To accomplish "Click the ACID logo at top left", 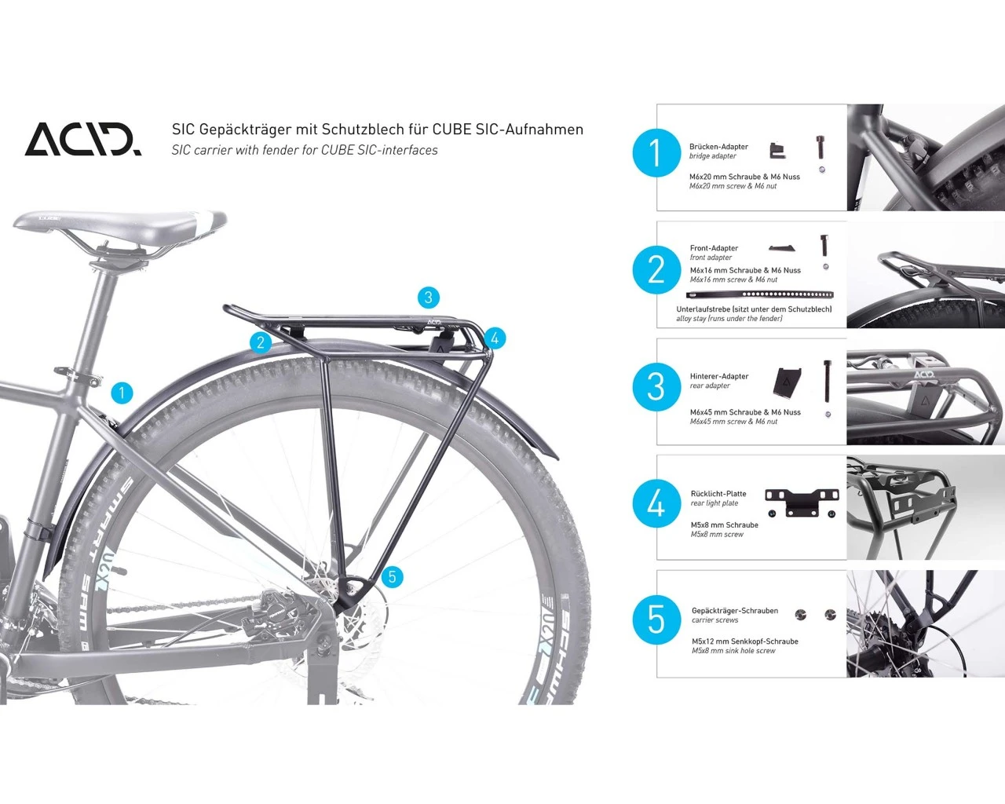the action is coord(82,139).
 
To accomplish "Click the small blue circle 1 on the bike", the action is coord(122,393).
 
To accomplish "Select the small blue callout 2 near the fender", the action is coord(261,343).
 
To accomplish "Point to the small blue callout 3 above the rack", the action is coord(429,298).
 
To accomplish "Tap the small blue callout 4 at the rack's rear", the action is coord(495,338).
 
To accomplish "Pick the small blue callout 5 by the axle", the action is coord(393,577).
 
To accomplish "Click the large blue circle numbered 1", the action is coord(656,153).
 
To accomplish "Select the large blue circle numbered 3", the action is coord(656,387).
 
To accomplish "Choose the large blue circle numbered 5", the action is coord(656,620).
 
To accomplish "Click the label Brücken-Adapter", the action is coord(718,147).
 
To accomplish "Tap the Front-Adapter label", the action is coord(714,248).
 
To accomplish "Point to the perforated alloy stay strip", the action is coord(760,294).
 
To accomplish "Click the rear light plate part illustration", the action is coord(802,502).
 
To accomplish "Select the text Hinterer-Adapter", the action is coord(719,377).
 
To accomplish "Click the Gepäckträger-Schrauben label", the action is coord(735,611).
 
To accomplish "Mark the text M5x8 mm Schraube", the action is coord(725,525).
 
